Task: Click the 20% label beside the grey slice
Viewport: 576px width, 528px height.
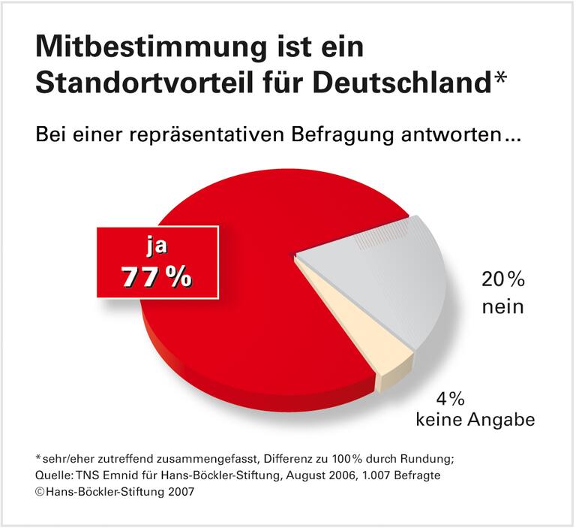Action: tap(502, 282)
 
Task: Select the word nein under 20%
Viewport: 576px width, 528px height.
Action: tap(502, 306)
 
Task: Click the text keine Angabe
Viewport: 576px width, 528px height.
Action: tap(475, 419)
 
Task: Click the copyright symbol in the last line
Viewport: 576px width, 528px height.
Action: tap(40, 492)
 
